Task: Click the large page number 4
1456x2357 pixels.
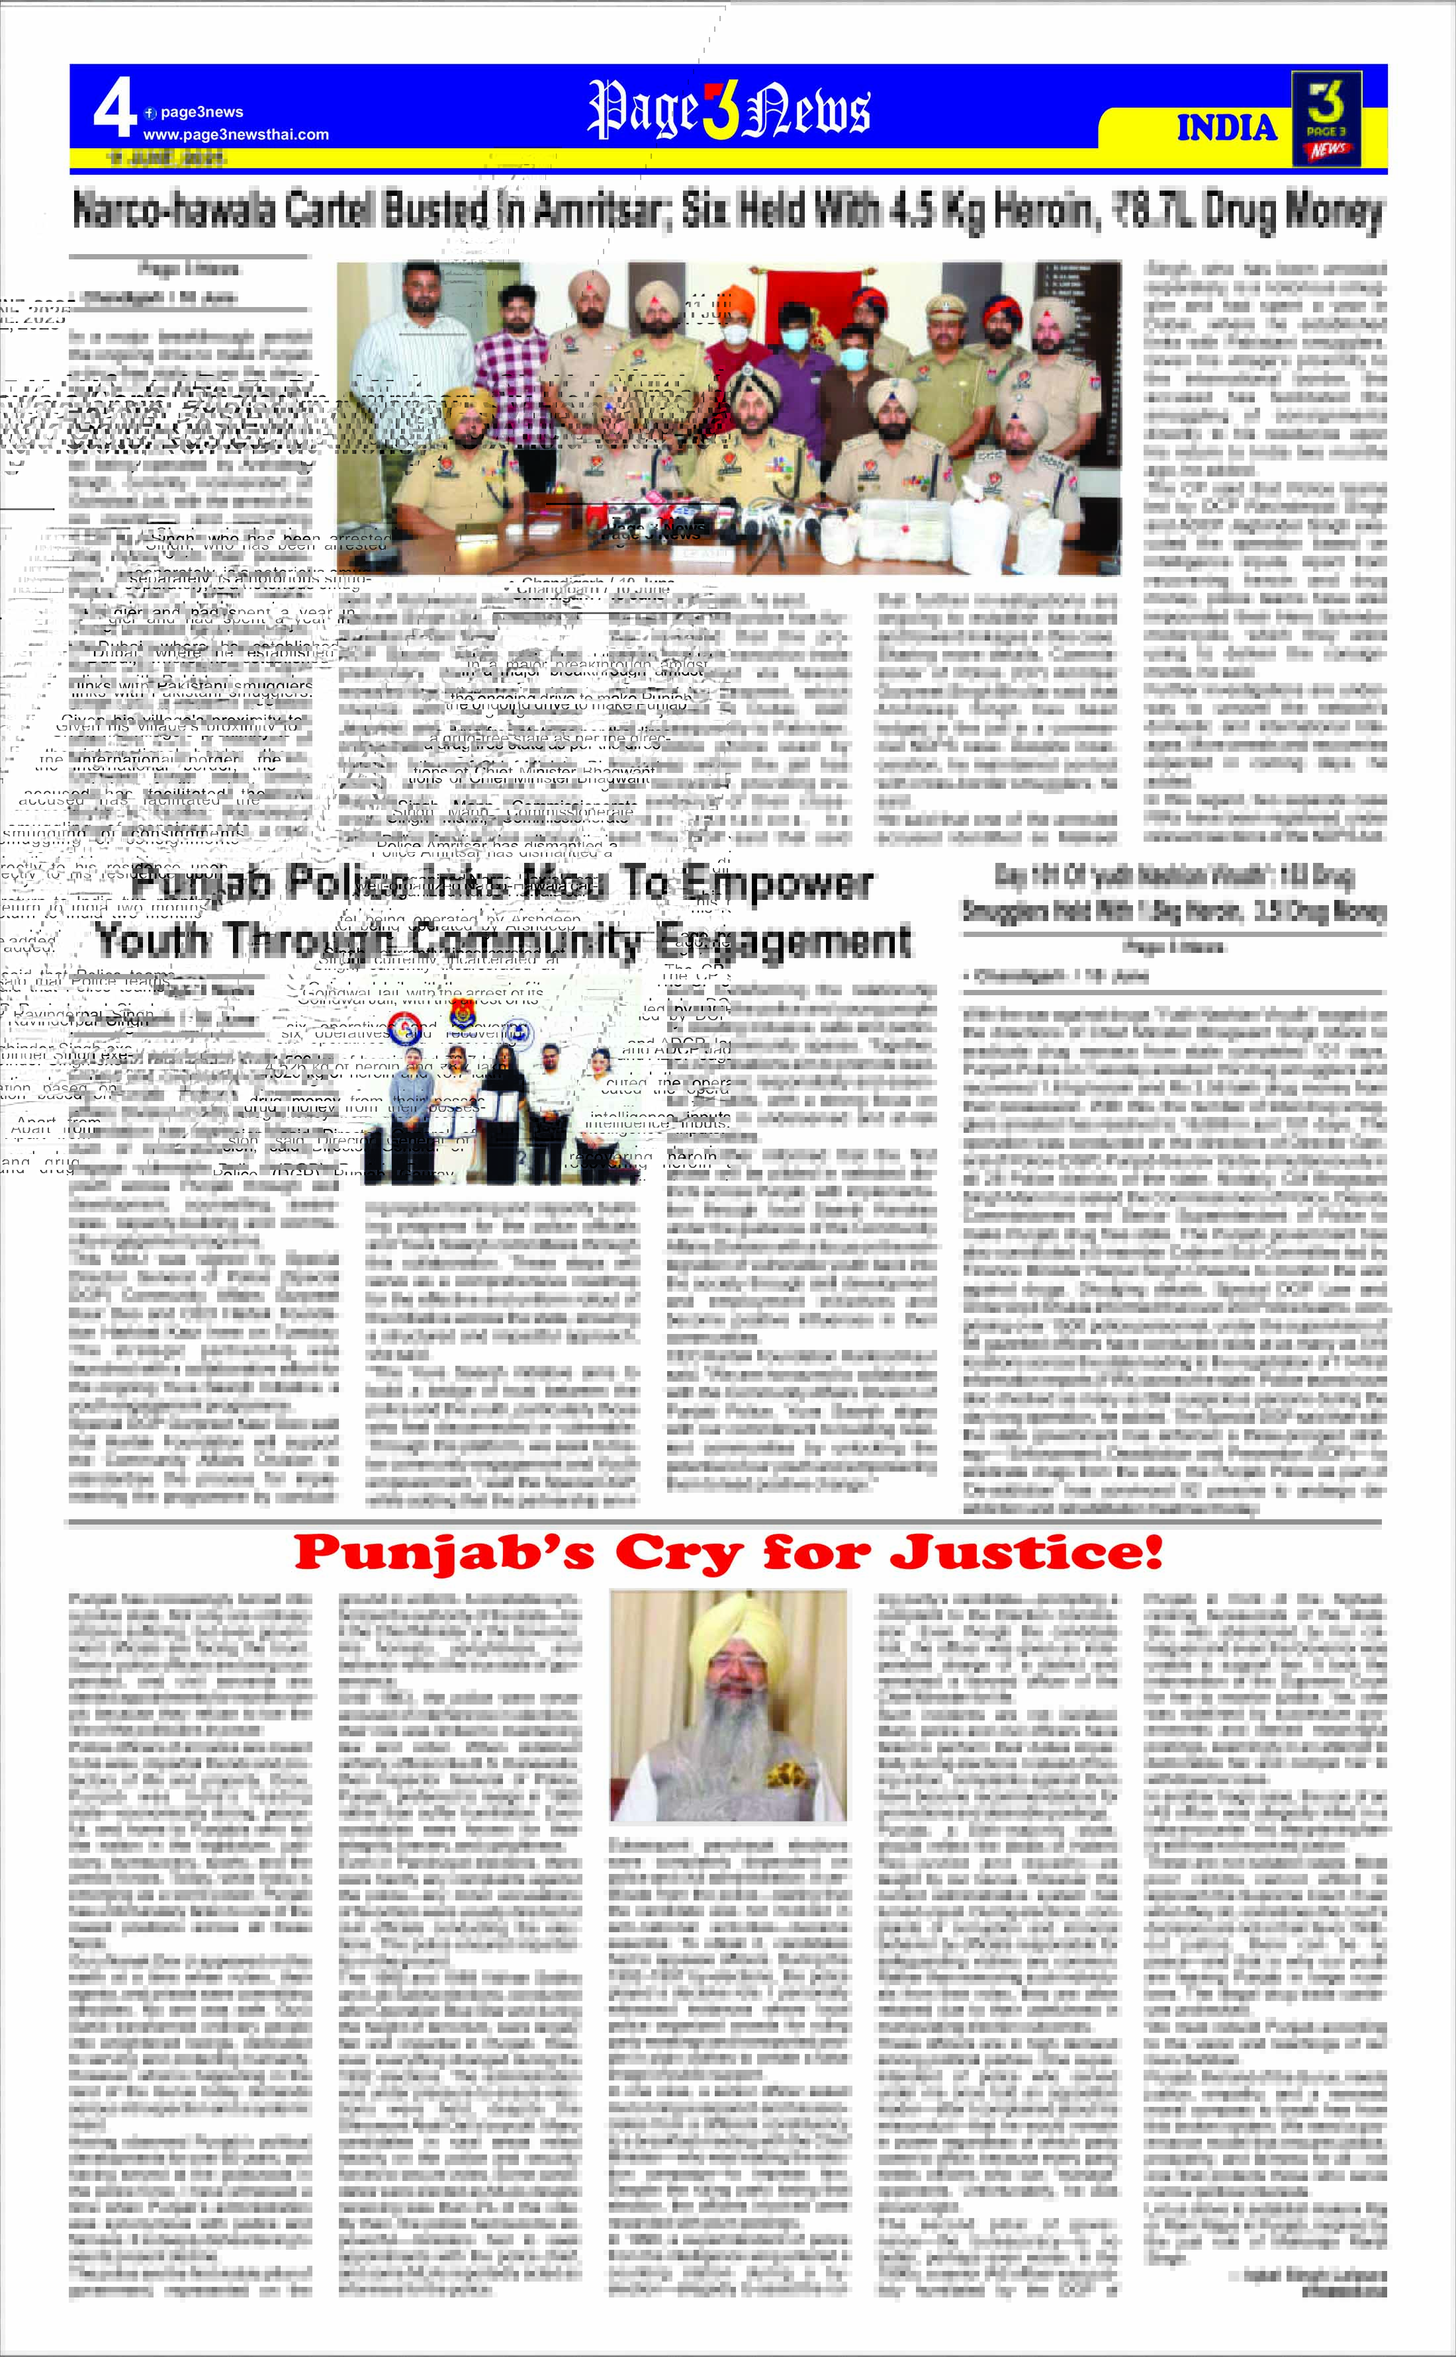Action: coord(114,111)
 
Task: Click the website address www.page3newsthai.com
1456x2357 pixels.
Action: coord(236,135)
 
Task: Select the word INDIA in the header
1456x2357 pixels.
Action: coord(1226,128)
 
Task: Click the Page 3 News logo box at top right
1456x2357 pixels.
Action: coord(1326,118)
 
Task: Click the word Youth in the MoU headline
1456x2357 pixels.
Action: coord(152,939)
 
